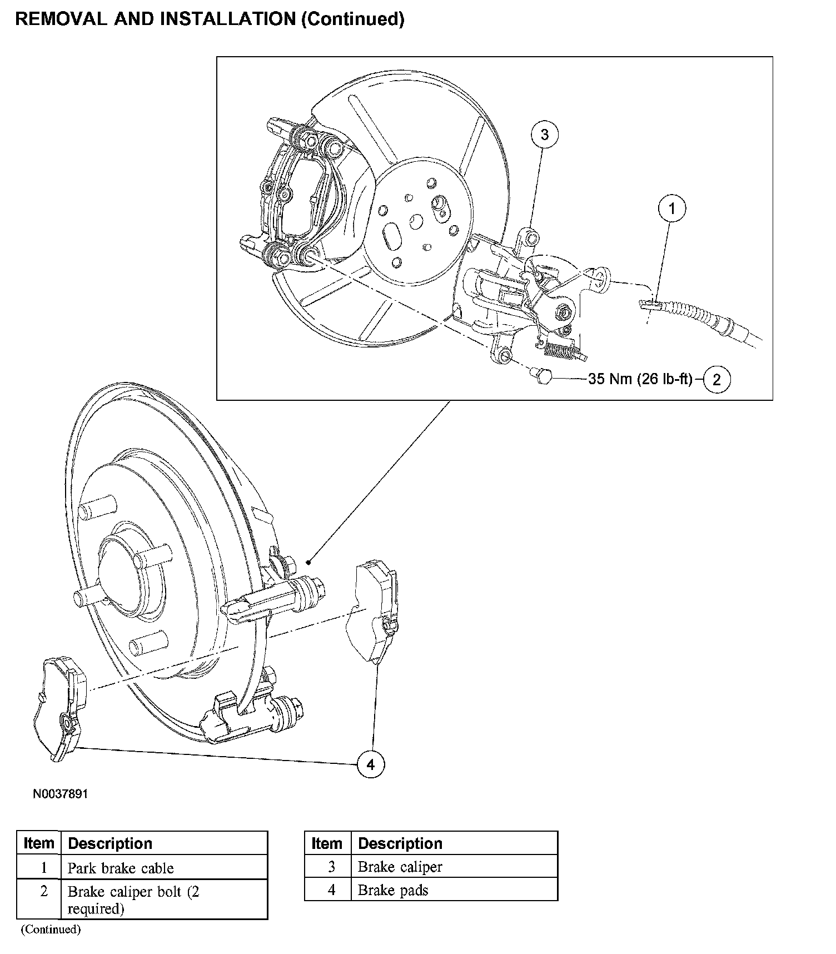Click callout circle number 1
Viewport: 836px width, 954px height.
[672, 208]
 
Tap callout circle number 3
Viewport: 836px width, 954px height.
[544, 135]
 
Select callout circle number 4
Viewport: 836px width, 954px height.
[371, 765]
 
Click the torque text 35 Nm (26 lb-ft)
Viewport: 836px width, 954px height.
[640, 379]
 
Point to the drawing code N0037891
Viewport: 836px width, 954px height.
[60, 794]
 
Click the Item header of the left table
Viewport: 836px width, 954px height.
[38, 843]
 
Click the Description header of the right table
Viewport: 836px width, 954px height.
[400, 843]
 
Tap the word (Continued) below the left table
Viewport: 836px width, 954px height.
[51, 929]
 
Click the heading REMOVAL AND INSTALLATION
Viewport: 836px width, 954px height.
[156, 19]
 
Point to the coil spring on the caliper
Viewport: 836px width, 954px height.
[561, 350]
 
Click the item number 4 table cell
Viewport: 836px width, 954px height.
[331, 890]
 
